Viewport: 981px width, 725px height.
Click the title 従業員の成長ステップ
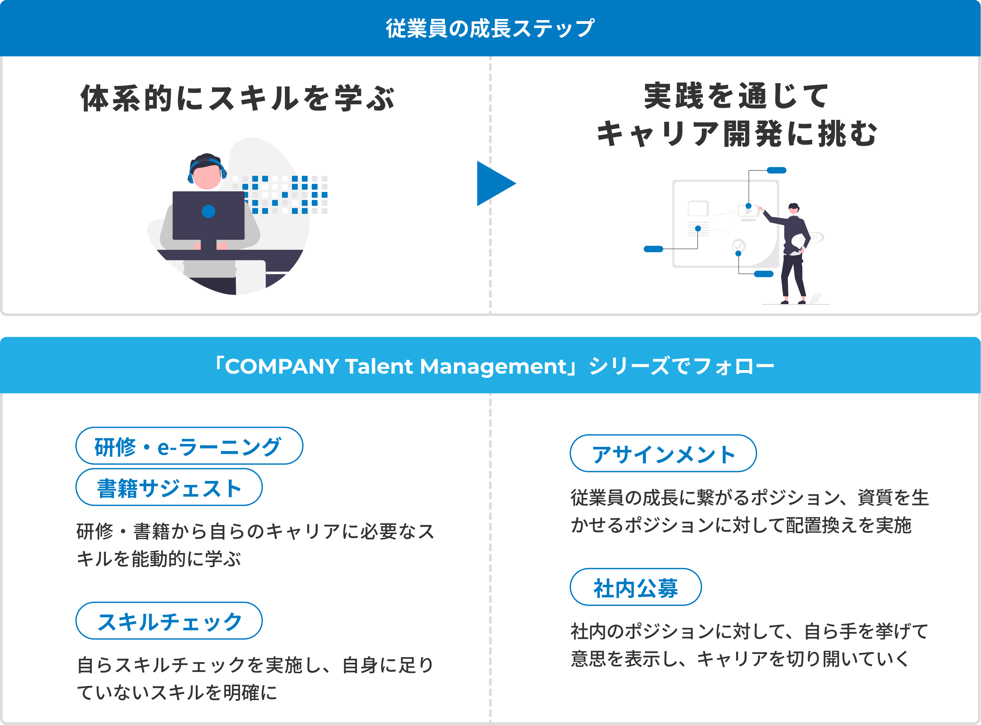[490, 29]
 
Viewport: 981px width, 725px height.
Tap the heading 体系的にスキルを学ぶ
[238, 98]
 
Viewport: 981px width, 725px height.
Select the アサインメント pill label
[663, 454]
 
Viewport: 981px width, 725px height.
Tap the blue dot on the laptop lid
[208, 212]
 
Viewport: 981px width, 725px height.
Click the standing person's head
[793, 208]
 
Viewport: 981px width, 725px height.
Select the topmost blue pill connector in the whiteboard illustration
[776, 170]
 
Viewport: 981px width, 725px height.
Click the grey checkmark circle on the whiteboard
[738, 245]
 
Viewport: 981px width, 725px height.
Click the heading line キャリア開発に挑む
[736, 133]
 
